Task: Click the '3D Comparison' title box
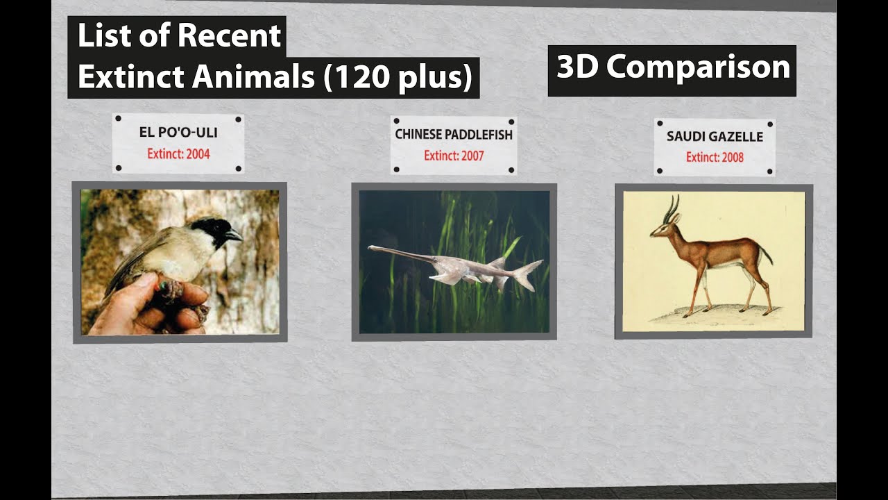point(672,68)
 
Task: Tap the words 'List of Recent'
point(178,36)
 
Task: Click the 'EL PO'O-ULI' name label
point(178,132)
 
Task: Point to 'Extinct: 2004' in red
point(178,153)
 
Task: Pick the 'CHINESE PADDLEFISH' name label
point(454,134)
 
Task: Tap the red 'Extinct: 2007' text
point(454,156)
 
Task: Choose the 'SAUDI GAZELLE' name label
point(715,136)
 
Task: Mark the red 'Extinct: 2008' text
point(715,158)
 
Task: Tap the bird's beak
point(234,237)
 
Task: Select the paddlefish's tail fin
point(529,274)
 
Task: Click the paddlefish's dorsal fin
point(498,262)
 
